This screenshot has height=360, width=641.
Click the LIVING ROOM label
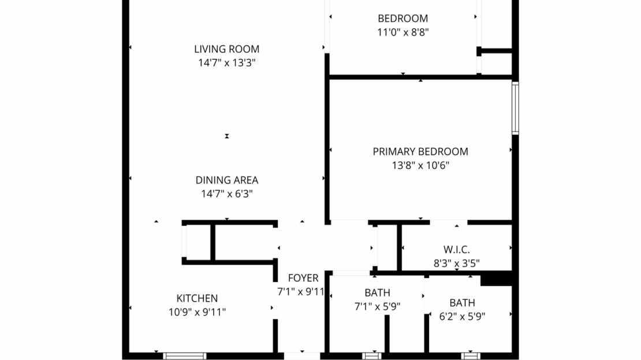[226, 49]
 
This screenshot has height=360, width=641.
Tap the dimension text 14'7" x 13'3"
[226, 63]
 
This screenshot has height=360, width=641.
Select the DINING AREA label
[226, 180]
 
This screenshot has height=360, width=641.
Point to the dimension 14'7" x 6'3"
[226, 194]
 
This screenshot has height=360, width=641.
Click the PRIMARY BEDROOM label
[420, 152]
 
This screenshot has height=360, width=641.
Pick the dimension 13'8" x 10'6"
[420, 166]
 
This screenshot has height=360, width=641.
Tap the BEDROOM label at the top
[403, 18]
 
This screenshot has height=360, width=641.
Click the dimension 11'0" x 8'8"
[403, 32]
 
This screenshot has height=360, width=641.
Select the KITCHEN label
[197, 299]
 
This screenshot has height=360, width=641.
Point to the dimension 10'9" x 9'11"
[197, 313]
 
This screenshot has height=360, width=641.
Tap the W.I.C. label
[456, 250]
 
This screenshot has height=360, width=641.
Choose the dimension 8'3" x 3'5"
[456, 263]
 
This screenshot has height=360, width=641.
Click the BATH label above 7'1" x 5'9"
[377, 293]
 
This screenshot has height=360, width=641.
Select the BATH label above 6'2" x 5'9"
[462, 303]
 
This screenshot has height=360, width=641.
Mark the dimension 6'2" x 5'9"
[462, 317]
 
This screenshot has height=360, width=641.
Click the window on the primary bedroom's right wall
[515, 108]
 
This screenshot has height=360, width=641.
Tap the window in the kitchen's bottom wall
[184, 355]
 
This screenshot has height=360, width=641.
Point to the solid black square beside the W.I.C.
[496, 279]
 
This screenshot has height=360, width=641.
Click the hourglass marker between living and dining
[227, 136]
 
